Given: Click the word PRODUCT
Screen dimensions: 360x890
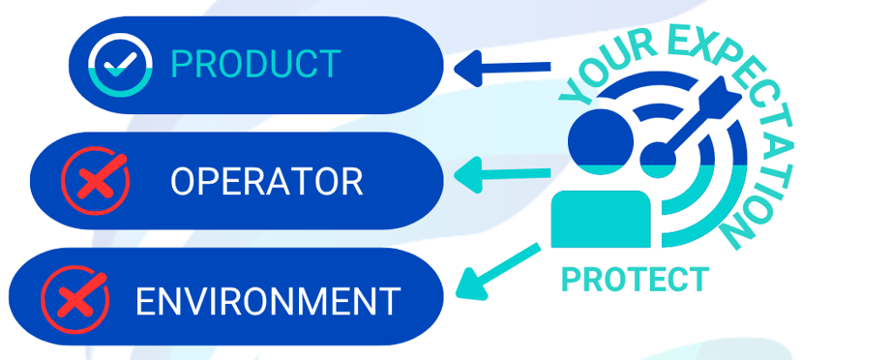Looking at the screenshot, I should coord(255,65).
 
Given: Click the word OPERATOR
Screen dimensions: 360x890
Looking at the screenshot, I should coord(267,181).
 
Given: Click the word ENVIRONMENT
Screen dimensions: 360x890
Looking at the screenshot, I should coord(268,301).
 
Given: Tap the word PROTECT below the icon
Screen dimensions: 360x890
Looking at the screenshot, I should coord(635,280).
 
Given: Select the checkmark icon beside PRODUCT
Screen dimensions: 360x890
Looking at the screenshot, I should coord(120,65).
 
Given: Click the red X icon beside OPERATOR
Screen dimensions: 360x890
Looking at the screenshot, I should coord(94,181).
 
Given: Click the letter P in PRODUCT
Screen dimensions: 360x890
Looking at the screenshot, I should coord(181,65).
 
